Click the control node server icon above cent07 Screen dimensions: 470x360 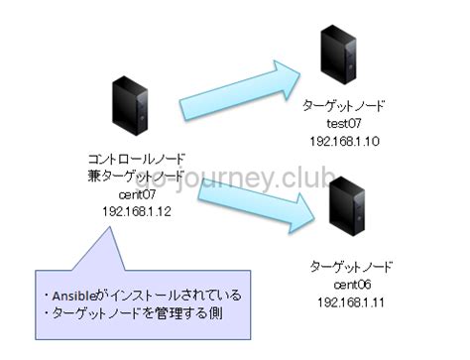point(130,105)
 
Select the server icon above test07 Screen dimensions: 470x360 point(338,55)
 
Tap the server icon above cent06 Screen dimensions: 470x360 point(347,206)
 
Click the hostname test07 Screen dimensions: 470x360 point(344,124)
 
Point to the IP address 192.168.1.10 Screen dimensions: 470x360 point(344,142)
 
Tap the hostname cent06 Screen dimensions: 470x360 point(352,285)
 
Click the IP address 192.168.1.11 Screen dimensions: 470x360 point(351,302)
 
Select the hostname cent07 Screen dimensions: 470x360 point(137,194)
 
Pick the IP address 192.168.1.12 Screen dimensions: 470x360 point(137,211)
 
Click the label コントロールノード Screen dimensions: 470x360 point(136,159)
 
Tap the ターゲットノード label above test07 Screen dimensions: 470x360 point(343,106)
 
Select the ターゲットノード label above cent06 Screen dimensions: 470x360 point(351,267)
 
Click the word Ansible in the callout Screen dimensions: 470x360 point(73,296)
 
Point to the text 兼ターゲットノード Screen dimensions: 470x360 point(136,177)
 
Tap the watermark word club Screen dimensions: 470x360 point(305,178)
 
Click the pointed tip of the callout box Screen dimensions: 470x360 point(109,227)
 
